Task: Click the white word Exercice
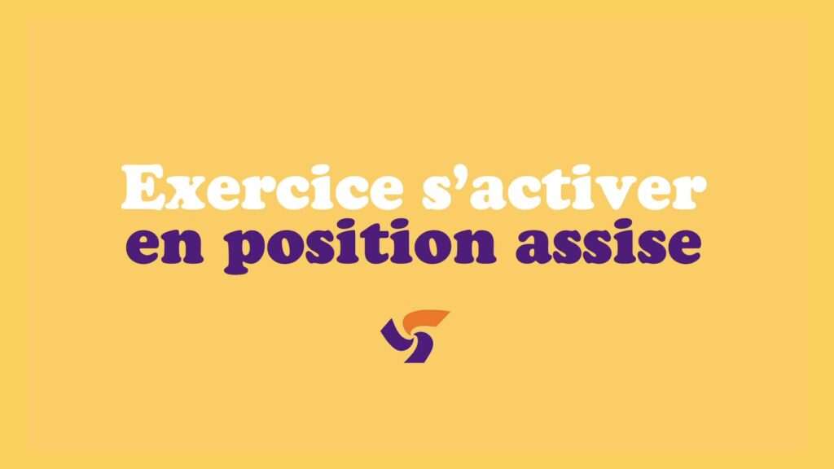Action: [262, 186]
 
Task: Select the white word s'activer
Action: [564, 186]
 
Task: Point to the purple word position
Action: [361, 246]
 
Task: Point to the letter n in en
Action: [184, 246]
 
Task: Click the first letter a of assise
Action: [534, 247]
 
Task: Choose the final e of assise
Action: [683, 247]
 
